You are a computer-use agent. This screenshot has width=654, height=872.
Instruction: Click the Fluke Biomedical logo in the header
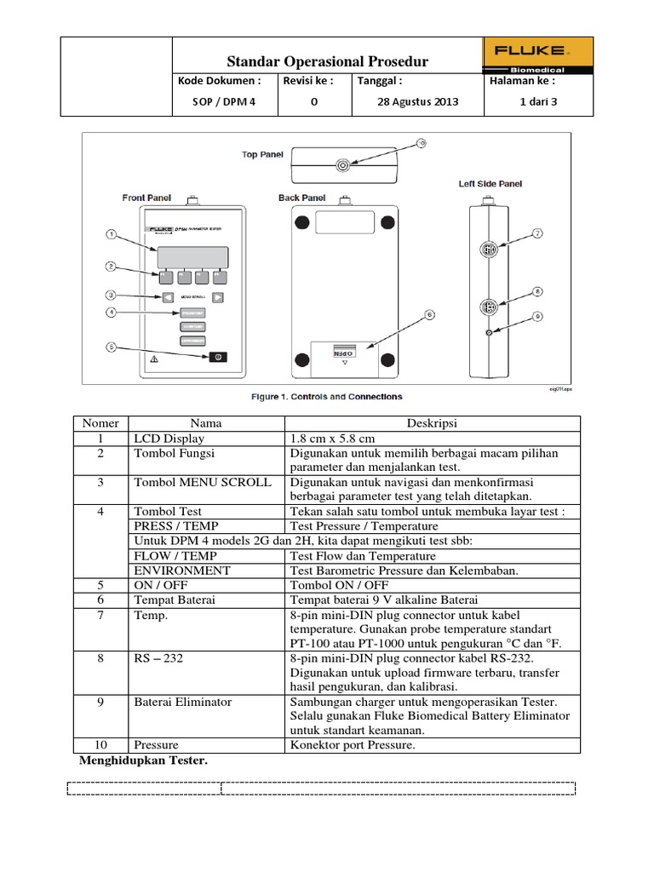526,56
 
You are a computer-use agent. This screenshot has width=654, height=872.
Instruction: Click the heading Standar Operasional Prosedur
328,61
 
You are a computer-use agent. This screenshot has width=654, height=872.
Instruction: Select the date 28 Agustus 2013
417,101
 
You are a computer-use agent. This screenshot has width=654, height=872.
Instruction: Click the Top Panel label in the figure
262,155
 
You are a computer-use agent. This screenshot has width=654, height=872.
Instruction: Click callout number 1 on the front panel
111,232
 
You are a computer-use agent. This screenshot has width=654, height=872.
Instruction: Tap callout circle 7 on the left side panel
538,232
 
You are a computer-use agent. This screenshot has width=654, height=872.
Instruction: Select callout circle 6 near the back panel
430,314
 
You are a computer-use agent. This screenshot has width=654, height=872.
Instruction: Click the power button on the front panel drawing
217,357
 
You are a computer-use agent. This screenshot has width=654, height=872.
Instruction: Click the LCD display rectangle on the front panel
191,256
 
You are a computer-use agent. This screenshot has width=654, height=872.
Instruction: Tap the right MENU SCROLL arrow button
218,297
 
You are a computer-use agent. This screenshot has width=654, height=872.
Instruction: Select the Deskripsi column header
433,423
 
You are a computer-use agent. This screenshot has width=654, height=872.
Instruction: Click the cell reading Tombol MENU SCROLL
202,482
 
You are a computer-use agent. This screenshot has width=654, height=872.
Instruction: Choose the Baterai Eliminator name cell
182,703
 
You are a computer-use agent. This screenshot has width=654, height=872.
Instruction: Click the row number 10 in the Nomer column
102,745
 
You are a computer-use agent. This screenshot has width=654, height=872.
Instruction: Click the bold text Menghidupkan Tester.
143,760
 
